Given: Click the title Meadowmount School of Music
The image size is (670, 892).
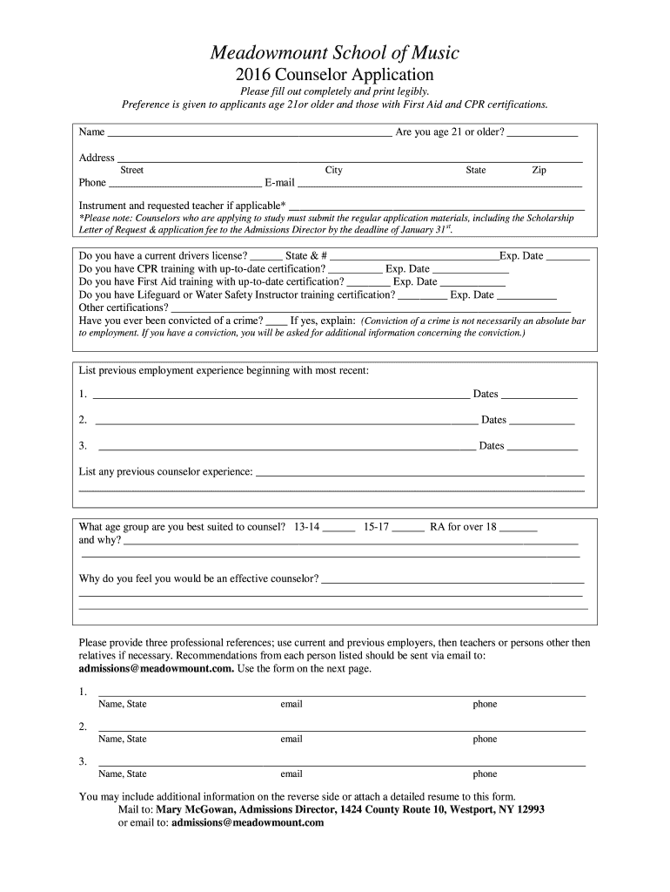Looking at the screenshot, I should pos(335,54).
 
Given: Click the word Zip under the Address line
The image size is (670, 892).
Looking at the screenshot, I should pos(539,171).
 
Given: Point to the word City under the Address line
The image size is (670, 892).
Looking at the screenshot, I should pos(333,171).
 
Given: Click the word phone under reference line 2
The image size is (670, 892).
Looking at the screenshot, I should pos(485,740).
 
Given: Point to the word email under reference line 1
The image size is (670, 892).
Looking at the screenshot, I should pos(291,705).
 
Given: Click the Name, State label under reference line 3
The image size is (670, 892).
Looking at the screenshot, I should pos(123,774).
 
